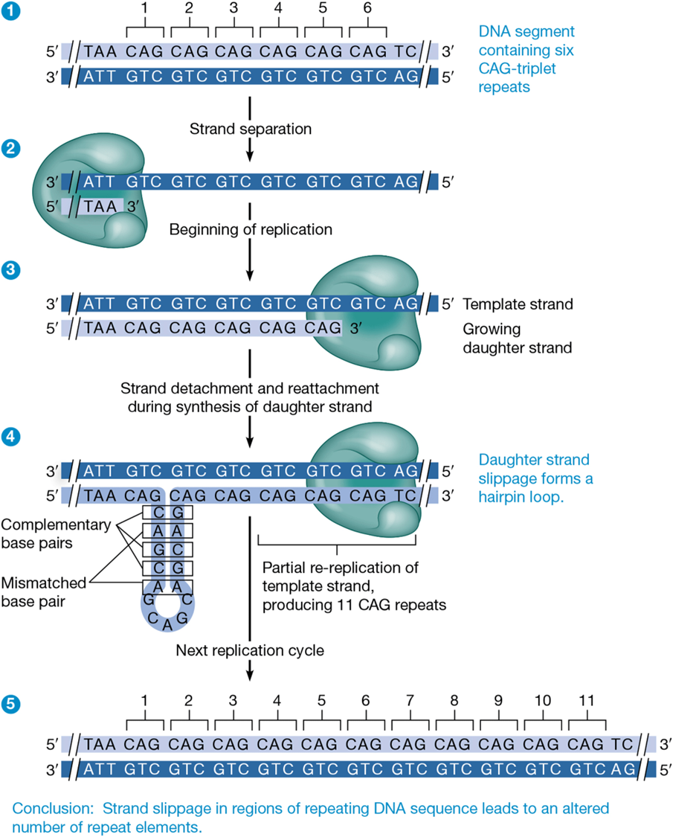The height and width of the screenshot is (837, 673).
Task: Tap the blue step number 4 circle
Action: pos(10,438)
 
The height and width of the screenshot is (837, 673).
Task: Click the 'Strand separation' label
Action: pos(251,128)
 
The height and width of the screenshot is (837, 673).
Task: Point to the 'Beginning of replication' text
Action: pos(251,228)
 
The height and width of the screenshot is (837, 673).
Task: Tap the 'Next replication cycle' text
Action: pos(250,650)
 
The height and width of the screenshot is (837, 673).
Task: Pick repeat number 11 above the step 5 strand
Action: pos(587,701)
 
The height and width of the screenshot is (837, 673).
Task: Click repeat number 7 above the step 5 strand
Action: pos(410,701)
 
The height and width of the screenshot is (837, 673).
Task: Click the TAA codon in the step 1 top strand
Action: pos(100,52)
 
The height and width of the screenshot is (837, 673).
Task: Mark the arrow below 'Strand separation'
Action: pos(251,149)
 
